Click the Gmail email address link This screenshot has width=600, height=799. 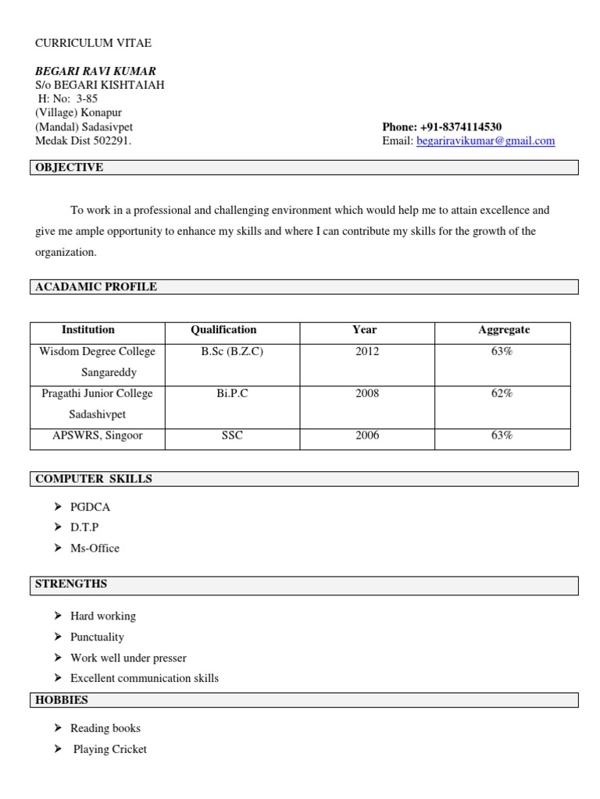[x=486, y=141]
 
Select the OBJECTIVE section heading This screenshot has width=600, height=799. [x=70, y=168]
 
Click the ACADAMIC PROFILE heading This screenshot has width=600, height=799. [x=96, y=287]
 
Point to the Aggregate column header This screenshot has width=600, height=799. [x=504, y=330]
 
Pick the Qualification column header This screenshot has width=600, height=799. [x=223, y=330]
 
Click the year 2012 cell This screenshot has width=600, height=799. [x=367, y=352]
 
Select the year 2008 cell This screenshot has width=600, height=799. [x=367, y=394]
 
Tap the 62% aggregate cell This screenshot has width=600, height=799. [x=502, y=394]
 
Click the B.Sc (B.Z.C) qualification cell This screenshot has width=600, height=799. [x=232, y=352]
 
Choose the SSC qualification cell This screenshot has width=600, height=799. [x=232, y=436]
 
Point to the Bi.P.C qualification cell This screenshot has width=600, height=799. [x=232, y=394]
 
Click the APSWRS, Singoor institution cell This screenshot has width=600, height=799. [x=98, y=436]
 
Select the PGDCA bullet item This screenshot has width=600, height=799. [x=91, y=507]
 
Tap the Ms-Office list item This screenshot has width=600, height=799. [x=95, y=549]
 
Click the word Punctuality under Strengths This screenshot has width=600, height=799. [x=97, y=637]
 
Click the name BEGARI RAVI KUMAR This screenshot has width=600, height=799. [x=95, y=71]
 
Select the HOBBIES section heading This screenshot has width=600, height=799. [x=62, y=700]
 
